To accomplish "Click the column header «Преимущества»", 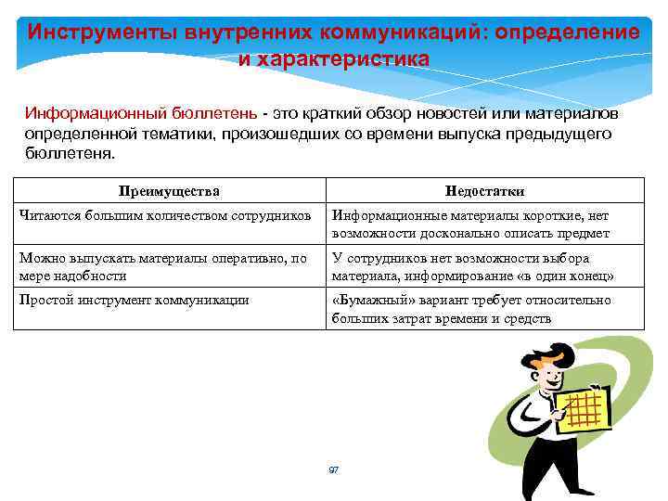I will tap(169, 191).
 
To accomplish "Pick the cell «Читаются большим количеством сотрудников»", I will tap(164, 215).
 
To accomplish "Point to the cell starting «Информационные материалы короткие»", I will tap(470, 224).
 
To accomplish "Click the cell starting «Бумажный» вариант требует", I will tap(471, 309).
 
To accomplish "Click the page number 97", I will tap(334, 470).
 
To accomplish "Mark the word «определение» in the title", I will tap(567, 32).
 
